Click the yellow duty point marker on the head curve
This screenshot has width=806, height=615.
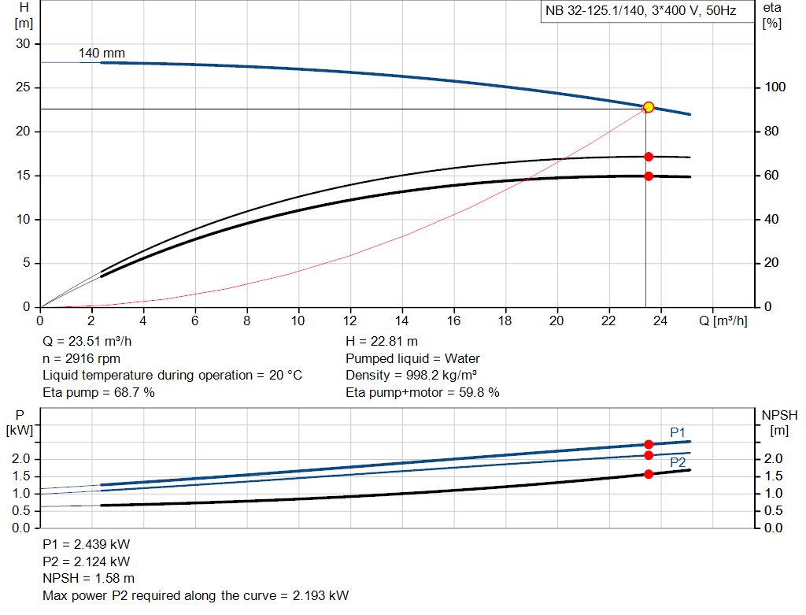649,107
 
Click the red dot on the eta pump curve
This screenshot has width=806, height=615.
649,157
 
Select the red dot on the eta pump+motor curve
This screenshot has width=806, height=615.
649,176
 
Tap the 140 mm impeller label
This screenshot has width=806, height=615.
102,54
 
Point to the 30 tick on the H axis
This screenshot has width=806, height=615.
23,44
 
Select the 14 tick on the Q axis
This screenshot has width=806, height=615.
402,320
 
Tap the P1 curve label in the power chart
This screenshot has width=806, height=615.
678,432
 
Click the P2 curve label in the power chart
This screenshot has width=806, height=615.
678,463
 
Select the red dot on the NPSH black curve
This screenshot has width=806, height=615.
649,474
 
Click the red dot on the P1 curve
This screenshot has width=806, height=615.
649,444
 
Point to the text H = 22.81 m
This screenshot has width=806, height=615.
382,342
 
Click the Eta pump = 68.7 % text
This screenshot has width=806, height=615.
98,392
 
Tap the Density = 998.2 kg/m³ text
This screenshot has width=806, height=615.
412,375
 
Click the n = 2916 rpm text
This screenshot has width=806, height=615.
81,358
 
